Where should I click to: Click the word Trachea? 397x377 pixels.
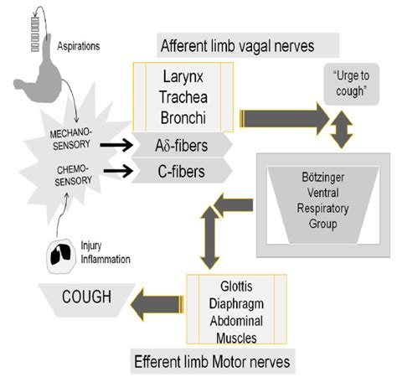point(182,96)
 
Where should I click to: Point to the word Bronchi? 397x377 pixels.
point(182,113)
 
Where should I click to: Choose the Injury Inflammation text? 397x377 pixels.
point(104,252)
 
